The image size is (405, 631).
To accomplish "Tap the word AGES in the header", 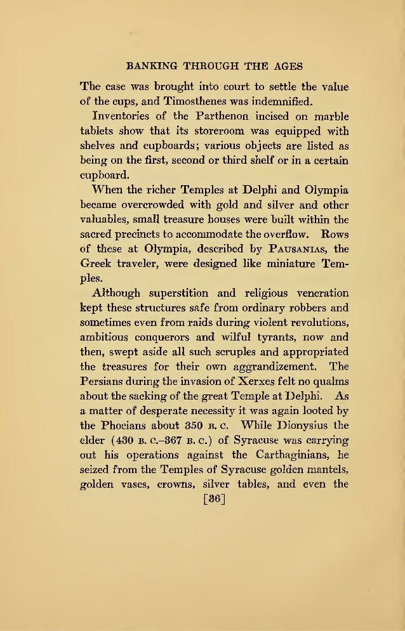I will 285,66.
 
